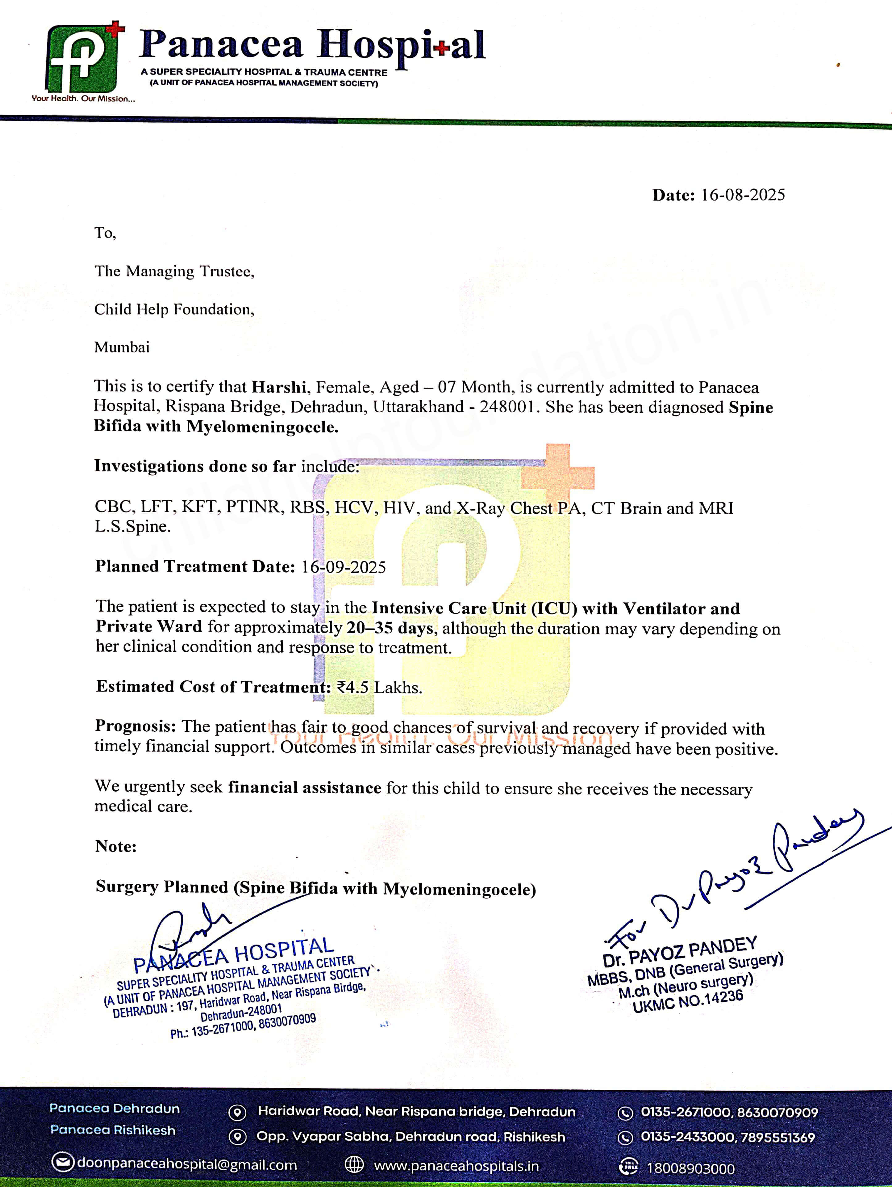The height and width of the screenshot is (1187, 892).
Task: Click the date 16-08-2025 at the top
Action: click(742, 195)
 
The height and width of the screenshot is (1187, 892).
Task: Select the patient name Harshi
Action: click(279, 387)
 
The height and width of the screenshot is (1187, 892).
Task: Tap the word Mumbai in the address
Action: click(122, 347)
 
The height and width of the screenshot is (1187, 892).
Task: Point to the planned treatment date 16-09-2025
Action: click(343, 567)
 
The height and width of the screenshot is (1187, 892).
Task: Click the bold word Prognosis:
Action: click(135, 726)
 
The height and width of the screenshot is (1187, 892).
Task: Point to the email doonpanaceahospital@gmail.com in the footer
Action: click(187, 1164)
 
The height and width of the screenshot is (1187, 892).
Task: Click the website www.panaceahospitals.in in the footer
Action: click(456, 1166)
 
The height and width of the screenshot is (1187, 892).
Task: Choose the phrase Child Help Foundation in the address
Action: click(173, 309)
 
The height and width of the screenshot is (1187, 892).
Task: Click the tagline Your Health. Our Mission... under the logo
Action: click(83, 99)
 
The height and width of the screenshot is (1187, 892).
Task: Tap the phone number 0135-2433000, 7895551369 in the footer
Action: click(727, 1137)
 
